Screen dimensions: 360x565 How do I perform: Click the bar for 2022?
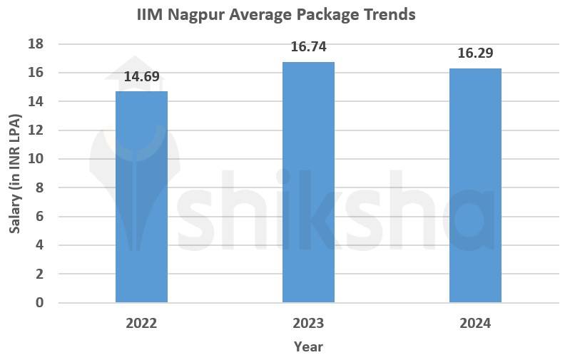141,197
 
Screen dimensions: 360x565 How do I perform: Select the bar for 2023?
308,182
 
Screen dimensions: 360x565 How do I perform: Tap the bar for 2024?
475,185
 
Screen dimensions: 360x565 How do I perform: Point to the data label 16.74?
308,47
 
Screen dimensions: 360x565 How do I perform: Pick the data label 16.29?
475,53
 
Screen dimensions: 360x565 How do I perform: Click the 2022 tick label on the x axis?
141,323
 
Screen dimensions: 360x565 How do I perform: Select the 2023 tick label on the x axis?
308,323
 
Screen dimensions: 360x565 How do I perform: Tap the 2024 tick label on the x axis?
475,323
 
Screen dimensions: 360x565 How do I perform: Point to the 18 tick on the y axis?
36,44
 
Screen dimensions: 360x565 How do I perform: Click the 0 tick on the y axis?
40,303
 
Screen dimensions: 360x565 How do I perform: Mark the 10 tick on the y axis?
36,159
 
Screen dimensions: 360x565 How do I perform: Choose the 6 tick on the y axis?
40,217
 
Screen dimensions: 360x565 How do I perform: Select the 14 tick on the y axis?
36,102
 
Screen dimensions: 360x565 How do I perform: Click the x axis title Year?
308,347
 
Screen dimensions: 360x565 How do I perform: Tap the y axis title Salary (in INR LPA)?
14,173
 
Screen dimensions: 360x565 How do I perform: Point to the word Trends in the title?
389,14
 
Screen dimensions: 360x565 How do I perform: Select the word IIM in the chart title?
150,14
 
